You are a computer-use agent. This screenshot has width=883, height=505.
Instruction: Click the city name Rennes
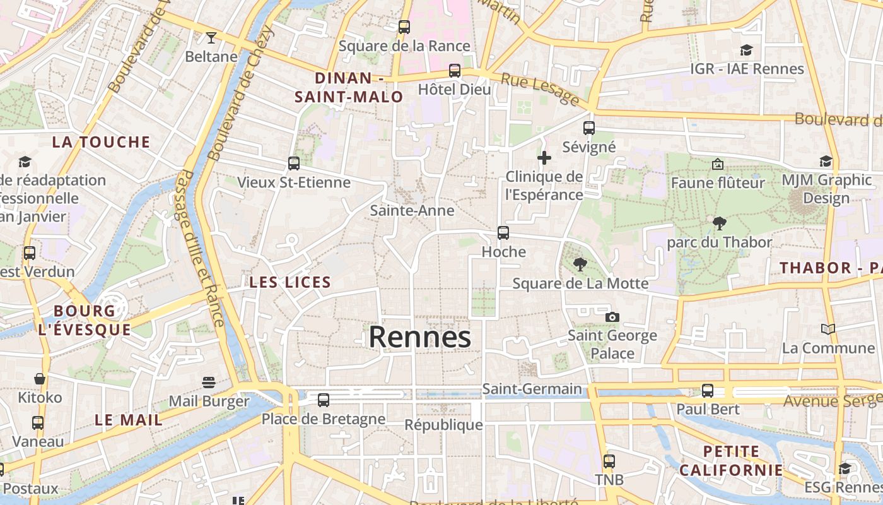419,336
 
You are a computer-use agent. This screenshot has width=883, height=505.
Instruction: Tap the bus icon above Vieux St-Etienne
293,163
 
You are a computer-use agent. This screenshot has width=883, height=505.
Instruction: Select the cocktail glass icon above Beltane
211,38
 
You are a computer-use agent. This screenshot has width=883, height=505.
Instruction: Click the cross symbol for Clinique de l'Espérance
544,157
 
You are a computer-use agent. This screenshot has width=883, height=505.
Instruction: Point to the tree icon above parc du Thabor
719,223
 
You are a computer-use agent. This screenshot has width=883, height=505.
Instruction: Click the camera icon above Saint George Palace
612,317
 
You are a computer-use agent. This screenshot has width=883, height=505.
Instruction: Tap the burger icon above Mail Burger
209,382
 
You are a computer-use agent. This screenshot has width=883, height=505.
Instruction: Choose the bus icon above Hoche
503,233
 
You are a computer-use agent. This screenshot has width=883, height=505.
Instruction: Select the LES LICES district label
290,282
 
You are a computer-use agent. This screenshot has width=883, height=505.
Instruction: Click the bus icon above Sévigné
588,128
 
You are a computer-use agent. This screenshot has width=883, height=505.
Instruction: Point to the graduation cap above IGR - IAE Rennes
747,50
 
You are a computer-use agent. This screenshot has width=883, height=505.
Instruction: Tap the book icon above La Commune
827,329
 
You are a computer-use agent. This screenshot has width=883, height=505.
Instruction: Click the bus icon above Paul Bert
708,391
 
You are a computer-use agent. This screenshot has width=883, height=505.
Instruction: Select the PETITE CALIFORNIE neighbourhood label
731,461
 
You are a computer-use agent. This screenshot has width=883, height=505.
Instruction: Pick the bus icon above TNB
609,461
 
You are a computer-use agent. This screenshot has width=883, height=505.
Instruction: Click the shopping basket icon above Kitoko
40,379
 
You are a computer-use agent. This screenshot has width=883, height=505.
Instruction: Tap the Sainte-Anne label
412,210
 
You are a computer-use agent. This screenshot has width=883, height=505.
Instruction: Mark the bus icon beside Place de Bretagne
324,400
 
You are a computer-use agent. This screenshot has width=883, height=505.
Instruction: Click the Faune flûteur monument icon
718,164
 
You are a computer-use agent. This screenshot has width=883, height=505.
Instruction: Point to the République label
443,425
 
